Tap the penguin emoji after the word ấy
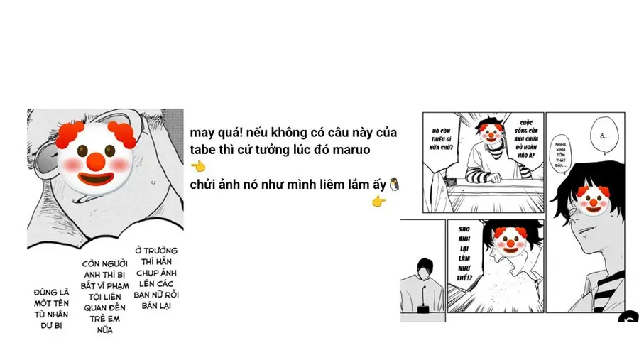(x=395, y=185)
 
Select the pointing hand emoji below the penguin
(x=379, y=202)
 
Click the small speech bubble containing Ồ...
(x=604, y=135)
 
